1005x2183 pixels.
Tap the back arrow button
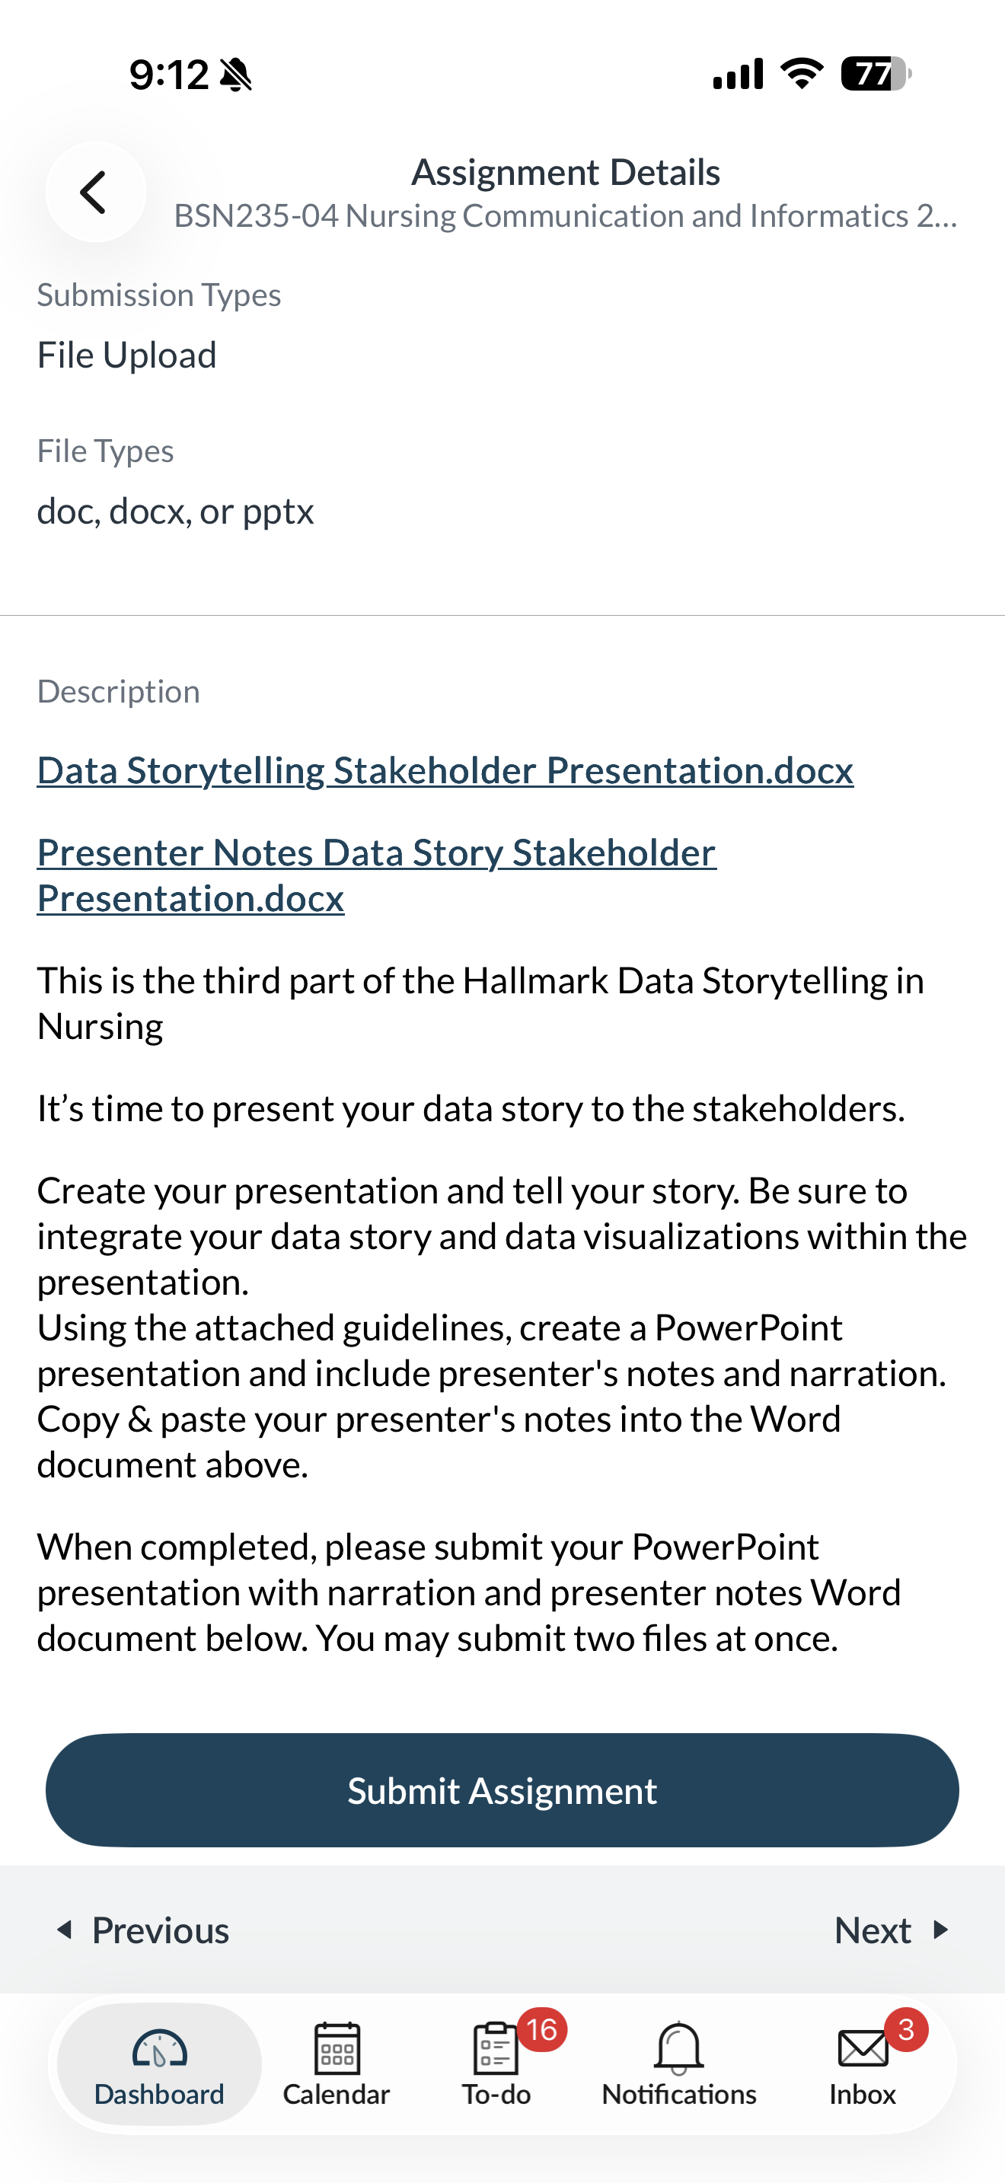[95, 192]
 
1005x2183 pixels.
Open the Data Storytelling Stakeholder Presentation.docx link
[445, 770]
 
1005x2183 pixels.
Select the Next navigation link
[892, 1930]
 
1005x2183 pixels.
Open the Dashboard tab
[159, 2063]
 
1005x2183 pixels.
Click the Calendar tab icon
[337, 2048]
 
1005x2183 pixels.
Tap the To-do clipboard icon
[495, 2048]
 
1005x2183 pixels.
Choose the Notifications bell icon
[679, 2048]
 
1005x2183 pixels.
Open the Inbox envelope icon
[863, 2049]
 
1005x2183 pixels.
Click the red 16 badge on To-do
[541, 2029]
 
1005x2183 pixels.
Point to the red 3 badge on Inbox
[906, 2029]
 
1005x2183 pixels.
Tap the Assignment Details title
[565, 172]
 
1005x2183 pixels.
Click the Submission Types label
[159, 295]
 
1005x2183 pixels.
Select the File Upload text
[127, 355]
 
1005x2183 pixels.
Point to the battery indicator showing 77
[876, 74]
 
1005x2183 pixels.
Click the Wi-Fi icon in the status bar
[802, 73]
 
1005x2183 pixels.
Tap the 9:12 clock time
[168, 75]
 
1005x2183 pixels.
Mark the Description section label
[119, 691]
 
